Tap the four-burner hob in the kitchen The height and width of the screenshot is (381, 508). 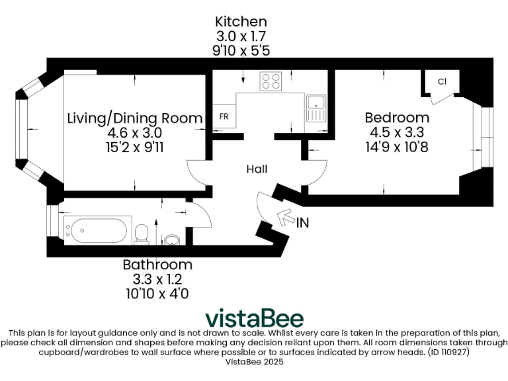[270, 81]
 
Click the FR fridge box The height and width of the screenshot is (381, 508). [224, 116]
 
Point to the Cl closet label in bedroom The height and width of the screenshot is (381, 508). [441, 81]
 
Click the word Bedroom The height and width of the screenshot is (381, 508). [397, 118]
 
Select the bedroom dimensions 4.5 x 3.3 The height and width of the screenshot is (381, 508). [397, 132]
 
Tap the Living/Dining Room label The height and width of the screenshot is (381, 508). [135, 118]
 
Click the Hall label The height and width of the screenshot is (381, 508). [257, 169]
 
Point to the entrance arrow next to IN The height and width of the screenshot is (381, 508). [286, 216]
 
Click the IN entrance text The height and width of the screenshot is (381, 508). [302, 223]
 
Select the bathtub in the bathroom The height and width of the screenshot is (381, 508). [95, 230]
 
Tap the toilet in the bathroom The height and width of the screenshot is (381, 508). [141, 233]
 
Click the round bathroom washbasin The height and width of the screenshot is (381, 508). [171, 239]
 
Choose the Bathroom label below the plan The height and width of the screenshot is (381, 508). [157, 265]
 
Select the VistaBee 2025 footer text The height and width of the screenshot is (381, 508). [253, 362]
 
